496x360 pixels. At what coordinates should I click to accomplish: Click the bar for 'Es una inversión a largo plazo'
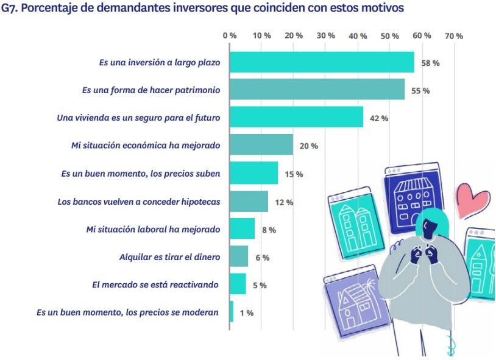click(x=322, y=62)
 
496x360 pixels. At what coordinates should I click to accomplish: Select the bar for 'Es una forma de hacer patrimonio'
click(x=317, y=90)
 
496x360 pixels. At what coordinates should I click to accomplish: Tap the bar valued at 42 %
click(x=296, y=117)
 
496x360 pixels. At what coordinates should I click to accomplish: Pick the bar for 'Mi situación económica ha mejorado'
click(x=261, y=145)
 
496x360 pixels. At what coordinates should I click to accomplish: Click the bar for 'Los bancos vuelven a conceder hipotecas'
click(x=249, y=201)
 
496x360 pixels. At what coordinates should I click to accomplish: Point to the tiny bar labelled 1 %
click(x=232, y=312)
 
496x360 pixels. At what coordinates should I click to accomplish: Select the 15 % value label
click(x=293, y=174)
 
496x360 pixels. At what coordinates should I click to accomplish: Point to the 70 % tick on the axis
click(x=453, y=36)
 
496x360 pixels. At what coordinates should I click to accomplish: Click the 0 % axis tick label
click(x=230, y=36)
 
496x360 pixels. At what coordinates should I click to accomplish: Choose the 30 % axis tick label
click(x=325, y=36)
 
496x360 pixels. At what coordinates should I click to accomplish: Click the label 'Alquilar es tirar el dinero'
click(x=169, y=257)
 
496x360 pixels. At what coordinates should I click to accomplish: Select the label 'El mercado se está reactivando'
click(x=155, y=284)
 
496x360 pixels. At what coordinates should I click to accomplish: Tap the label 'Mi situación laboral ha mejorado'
click(x=153, y=229)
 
